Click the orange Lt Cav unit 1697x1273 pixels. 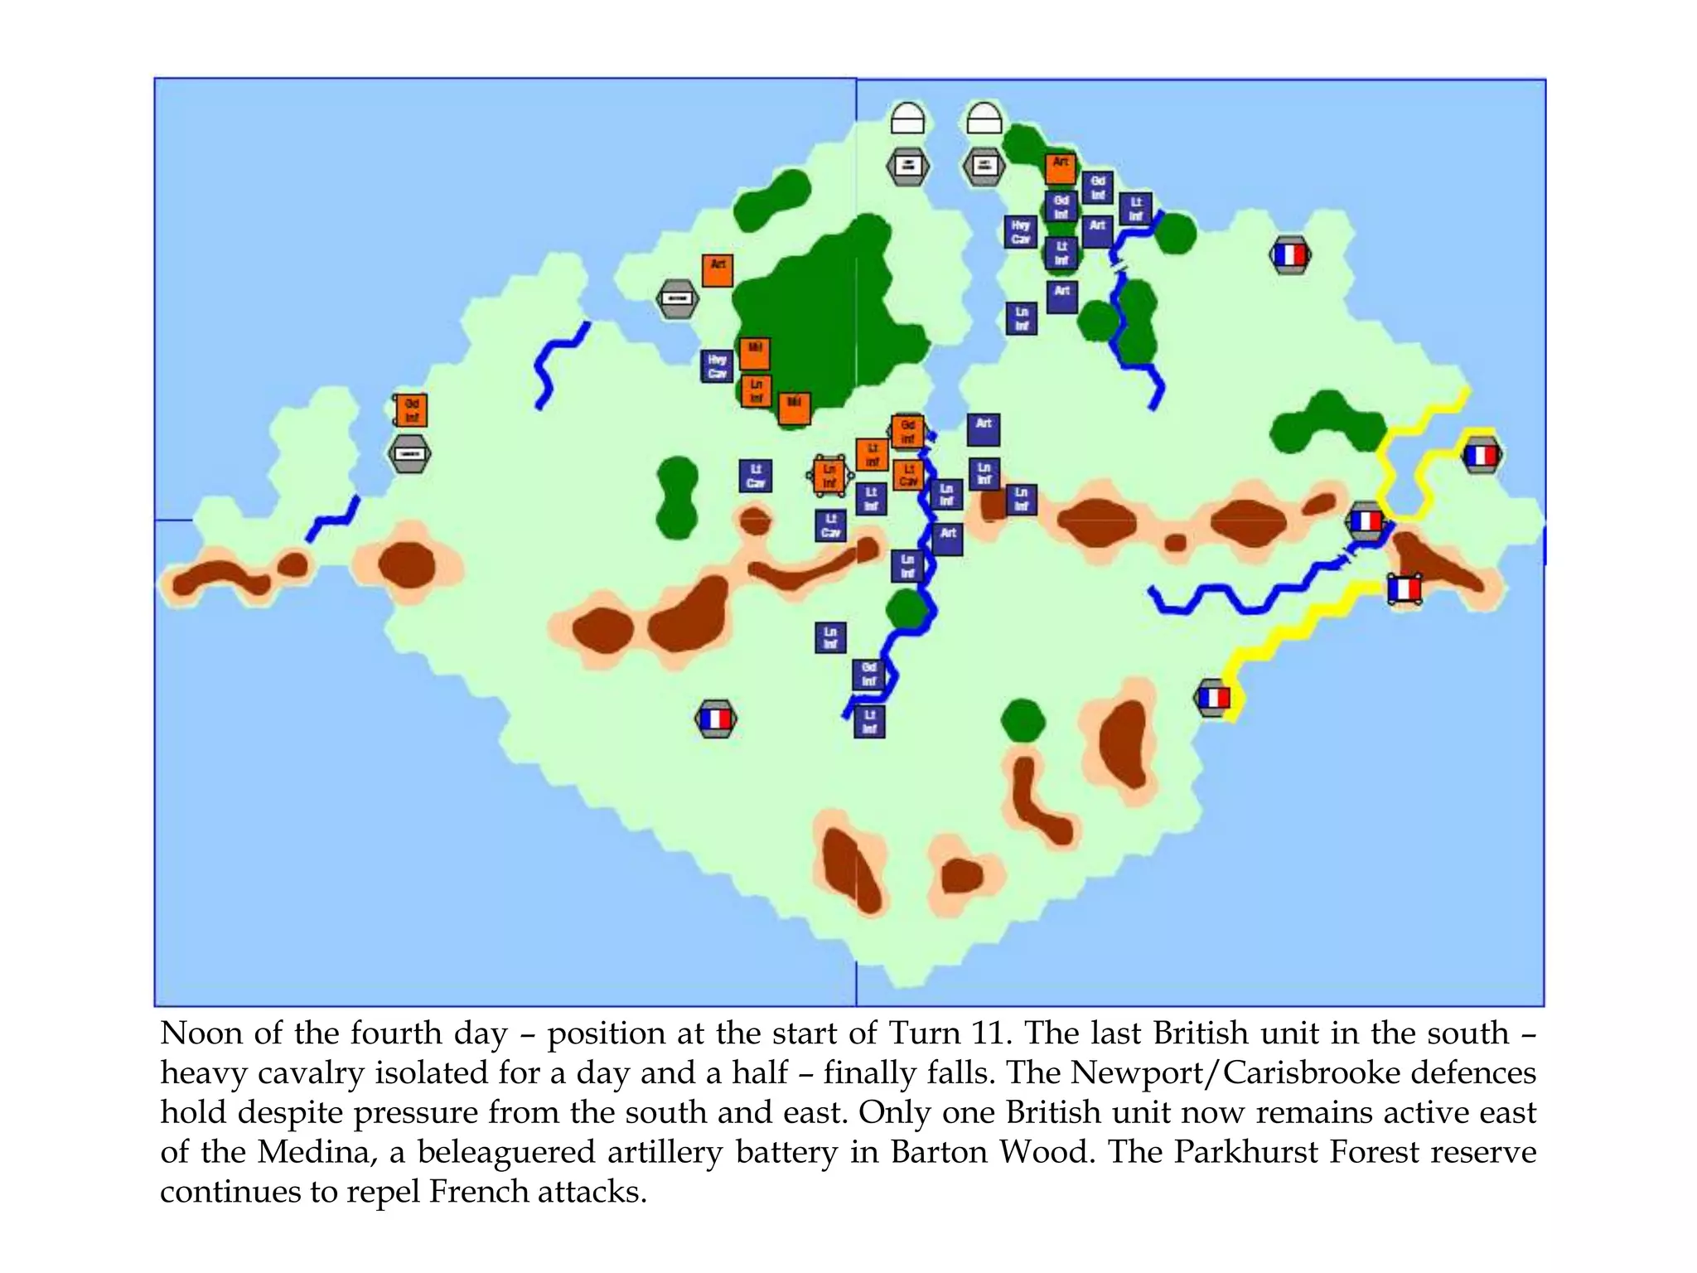click(x=908, y=475)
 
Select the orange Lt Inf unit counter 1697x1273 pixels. click(x=872, y=454)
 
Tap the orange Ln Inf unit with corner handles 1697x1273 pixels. click(x=829, y=476)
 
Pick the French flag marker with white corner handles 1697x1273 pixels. click(x=1404, y=589)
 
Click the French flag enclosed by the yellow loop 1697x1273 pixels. click(x=1480, y=455)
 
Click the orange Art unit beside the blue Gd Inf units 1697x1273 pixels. click(x=1061, y=167)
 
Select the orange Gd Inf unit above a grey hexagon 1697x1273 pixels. click(x=411, y=410)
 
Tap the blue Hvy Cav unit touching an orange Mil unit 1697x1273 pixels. click(x=718, y=365)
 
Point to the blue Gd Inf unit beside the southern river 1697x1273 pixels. click(x=868, y=674)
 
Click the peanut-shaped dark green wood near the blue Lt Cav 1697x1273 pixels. click(x=677, y=497)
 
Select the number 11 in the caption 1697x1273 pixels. click(x=990, y=1033)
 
